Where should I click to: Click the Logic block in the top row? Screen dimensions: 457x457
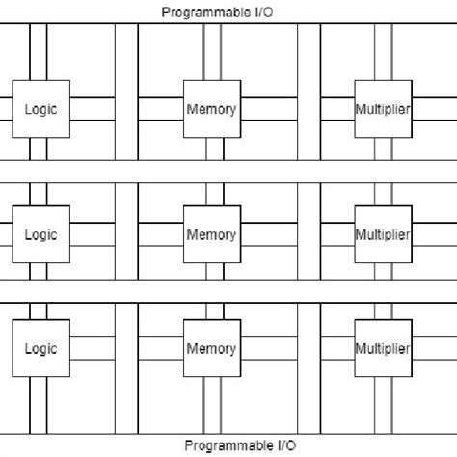click(x=40, y=109)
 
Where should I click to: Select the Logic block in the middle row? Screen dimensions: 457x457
click(x=40, y=234)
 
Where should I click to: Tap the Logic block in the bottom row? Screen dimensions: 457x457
click(x=40, y=348)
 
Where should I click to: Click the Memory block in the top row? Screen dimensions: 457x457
click(x=211, y=109)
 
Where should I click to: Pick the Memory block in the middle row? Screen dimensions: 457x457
click(x=211, y=234)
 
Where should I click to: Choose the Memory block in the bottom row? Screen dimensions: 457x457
click(x=211, y=348)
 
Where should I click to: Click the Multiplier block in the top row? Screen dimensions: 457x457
click(x=383, y=109)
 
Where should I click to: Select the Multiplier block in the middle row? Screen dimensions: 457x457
click(x=383, y=234)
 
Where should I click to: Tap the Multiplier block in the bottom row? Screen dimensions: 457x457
click(x=383, y=348)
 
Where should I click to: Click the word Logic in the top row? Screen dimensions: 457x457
click(x=40, y=109)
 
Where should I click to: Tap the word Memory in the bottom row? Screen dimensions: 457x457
click(x=211, y=348)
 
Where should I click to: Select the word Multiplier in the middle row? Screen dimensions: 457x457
click(x=383, y=234)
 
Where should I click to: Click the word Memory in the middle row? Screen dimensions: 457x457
click(x=211, y=234)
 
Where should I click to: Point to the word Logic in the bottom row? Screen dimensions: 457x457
click(x=40, y=348)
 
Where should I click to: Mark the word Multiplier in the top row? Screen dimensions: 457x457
click(x=383, y=109)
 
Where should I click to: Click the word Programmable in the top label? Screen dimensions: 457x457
click(x=202, y=12)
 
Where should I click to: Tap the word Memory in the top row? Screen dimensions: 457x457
click(x=211, y=109)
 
